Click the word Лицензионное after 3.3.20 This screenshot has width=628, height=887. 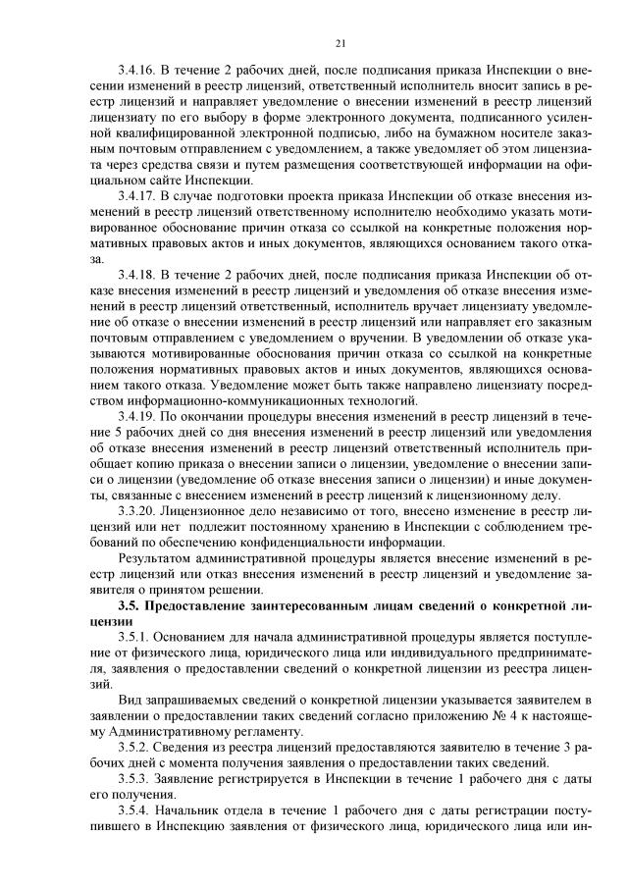point(209,514)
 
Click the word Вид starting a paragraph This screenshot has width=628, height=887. point(128,702)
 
